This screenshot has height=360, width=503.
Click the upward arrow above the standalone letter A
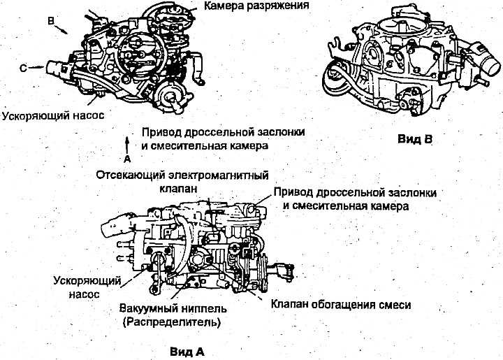click(126, 143)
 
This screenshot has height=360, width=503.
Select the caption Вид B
click(416, 138)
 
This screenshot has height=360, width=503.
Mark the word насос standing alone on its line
click(85, 294)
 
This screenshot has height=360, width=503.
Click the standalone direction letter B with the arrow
click(50, 22)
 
